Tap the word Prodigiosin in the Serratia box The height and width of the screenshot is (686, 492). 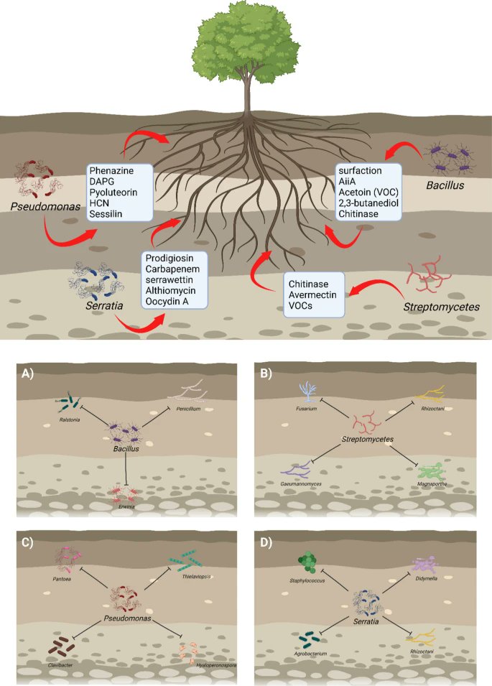tap(171, 259)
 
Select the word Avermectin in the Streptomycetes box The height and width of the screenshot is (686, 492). tap(314, 292)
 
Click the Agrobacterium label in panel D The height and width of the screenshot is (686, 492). tap(311, 654)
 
